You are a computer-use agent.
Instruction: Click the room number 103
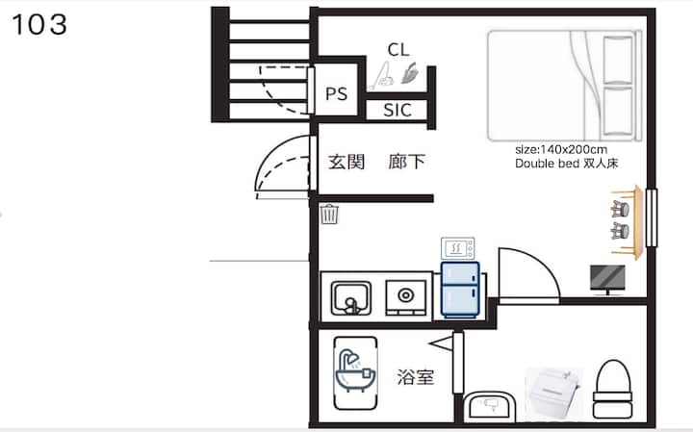pyautogui.click(x=39, y=24)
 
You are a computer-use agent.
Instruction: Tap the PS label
pyautogui.click(x=336, y=93)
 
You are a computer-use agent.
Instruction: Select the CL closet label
pyautogui.click(x=398, y=49)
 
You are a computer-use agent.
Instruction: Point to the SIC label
pyautogui.click(x=398, y=110)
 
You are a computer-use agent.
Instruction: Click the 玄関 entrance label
pyautogui.click(x=346, y=162)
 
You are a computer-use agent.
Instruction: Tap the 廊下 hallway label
pyautogui.click(x=406, y=162)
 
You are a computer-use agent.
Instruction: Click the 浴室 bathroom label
pyautogui.click(x=416, y=377)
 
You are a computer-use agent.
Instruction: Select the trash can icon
pyautogui.click(x=329, y=214)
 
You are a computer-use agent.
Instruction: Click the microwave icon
pyautogui.click(x=457, y=248)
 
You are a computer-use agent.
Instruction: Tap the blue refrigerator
pyautogui.click(x=460, y=290)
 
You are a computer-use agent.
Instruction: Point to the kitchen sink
pyautogui.click(x=351, y=298)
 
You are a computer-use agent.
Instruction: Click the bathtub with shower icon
pyautogui.click(x=355, y=373)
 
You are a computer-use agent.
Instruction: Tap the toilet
pyautogui.click(x=612, y=390)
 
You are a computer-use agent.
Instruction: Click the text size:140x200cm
pyautogui.click(x=561, y=149)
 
